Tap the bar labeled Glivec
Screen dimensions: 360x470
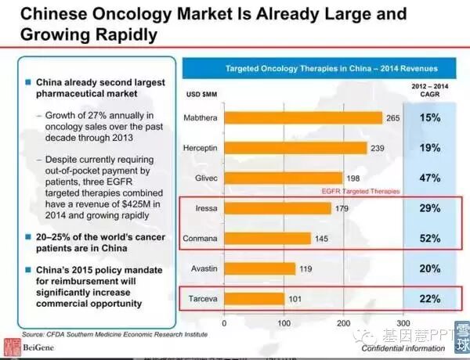283,178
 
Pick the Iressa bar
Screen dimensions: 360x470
277,208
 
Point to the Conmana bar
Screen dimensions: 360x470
267,238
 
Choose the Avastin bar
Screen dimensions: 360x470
259,268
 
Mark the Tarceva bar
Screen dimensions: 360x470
254,298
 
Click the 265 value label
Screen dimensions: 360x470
394,117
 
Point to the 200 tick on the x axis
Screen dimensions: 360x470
343,322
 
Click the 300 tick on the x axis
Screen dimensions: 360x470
403,322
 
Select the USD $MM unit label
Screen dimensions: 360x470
201,95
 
